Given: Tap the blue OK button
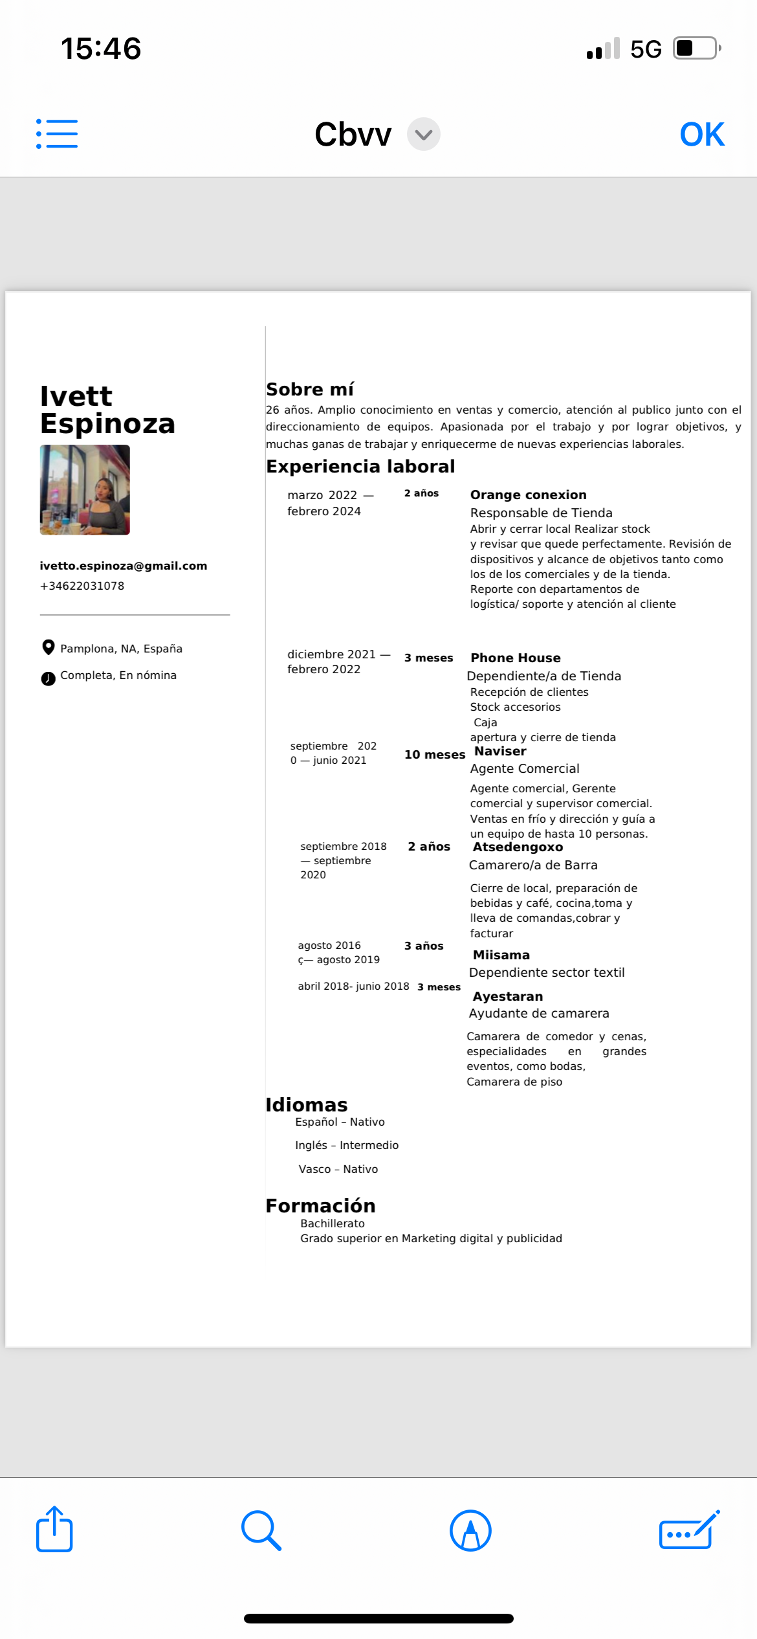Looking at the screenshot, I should [702, 135].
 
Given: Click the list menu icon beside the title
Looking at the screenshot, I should [57, 134].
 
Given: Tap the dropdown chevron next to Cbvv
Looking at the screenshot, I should [424, 135].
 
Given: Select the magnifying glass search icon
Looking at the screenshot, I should [261, 1531].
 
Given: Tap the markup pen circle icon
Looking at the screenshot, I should [470, 1531].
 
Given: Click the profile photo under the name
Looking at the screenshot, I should [85, 489].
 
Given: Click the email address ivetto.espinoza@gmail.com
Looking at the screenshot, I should [124, 566].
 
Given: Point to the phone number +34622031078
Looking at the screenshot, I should [82, 586].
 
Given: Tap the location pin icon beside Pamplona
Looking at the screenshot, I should [48, 647].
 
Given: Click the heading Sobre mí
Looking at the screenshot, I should [310, 389].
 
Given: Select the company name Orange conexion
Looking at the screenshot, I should [528, 495].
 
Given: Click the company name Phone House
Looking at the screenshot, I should [516, 658].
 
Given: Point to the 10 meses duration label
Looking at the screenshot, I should [435, 755].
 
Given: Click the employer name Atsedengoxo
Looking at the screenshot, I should [518, 847].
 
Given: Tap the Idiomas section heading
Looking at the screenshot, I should [307, 1105].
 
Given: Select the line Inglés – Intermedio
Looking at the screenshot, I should [347, 1145].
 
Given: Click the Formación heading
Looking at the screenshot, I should [321, 1206].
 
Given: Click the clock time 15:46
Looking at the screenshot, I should [101, 49].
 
